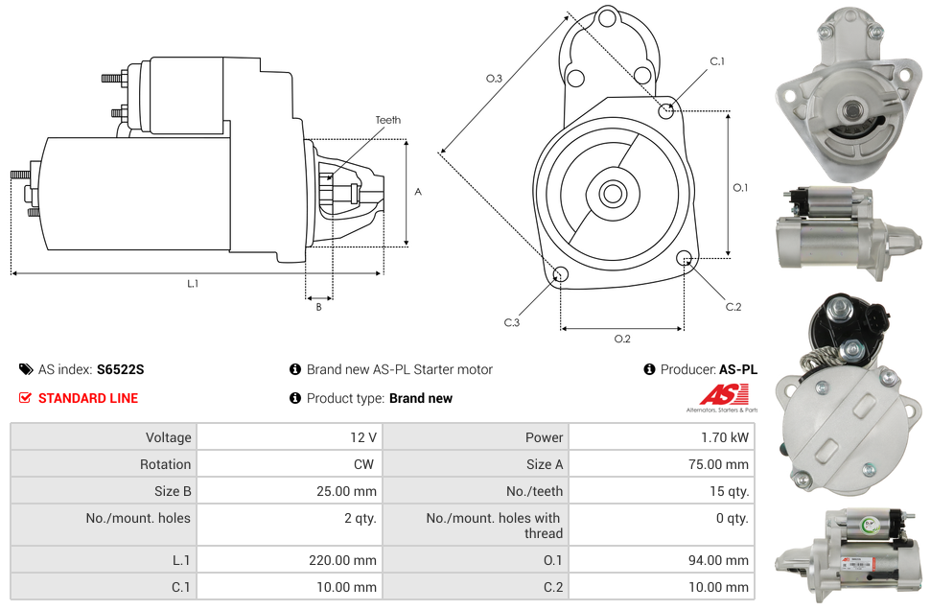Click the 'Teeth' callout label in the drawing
tap(387, 120)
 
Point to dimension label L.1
tap(193, 283)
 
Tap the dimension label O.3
tap(494, 79)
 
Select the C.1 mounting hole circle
tap(666, 110)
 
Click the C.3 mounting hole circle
tap(561, 276)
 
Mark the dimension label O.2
tap(621, 339)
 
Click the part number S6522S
tap(120, 369)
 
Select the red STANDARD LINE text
tap(88, 398)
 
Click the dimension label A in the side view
tap(418, 192)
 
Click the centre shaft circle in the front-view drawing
tap(612, 194)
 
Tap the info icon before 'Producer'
tap(649, 369)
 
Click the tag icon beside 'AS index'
tap(25, 369)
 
